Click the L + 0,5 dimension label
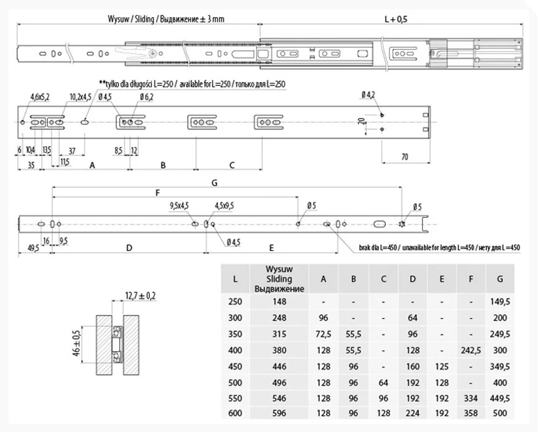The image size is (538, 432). point(395,19)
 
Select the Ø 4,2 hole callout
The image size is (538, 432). point(368,94)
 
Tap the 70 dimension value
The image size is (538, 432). point(405,157)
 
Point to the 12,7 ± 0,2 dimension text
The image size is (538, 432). point(140,296)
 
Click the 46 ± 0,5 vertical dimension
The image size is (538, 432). point(76,343)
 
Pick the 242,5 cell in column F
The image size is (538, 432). point(471,350)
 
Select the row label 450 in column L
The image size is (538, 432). point(235,366)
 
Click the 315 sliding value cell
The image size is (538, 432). point(280,334)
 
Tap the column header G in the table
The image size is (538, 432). point(500,279)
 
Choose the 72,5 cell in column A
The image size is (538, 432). point(323,334)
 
